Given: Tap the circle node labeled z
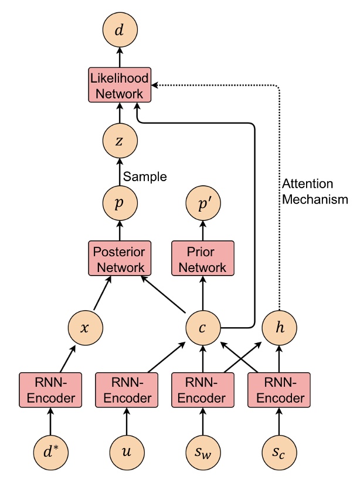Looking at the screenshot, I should pyautogui.click(x=119, y=141).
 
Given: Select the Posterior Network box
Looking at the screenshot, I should pyautogui.click(x=119, y=260).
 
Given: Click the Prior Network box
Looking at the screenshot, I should pyautogui.click(x=202, y=260).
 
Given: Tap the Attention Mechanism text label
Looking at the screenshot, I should pyautogui.click(x=315, y=191).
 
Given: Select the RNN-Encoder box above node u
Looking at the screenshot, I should pyautogui.click(x=126, y=390).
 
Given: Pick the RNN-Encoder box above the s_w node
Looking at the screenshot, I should pyautogui.click(x=202, y=390).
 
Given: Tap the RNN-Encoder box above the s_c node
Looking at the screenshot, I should pyautogui.click(x=279, y=390).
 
